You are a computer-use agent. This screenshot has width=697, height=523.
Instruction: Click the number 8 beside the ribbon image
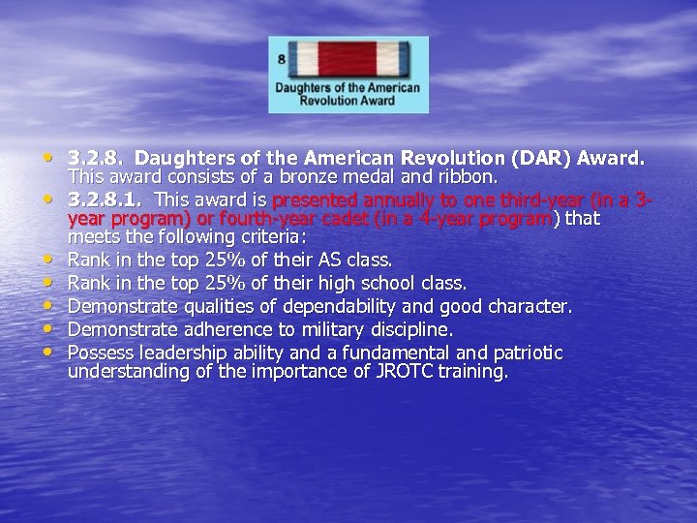(281, 59)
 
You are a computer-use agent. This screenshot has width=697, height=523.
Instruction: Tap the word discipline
(405, 329)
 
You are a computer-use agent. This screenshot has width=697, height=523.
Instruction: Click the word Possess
(101, 353)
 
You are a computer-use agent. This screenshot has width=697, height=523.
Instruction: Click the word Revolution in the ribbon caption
(332, 100)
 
